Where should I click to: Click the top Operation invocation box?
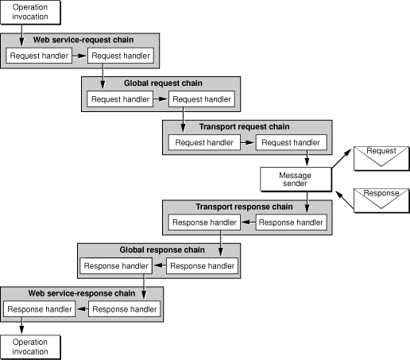[30, 13]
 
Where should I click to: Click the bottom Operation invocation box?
[30, 346]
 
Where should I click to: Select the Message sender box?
[295, 179]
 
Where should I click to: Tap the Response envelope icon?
[381, 198]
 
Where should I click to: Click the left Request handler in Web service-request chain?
[37, 56]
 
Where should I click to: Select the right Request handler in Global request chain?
[203, 99]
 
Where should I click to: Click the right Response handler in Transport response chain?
[292, 223]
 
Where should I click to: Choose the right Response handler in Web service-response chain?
[123, 308]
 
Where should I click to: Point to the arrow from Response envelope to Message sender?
[342, 194]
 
